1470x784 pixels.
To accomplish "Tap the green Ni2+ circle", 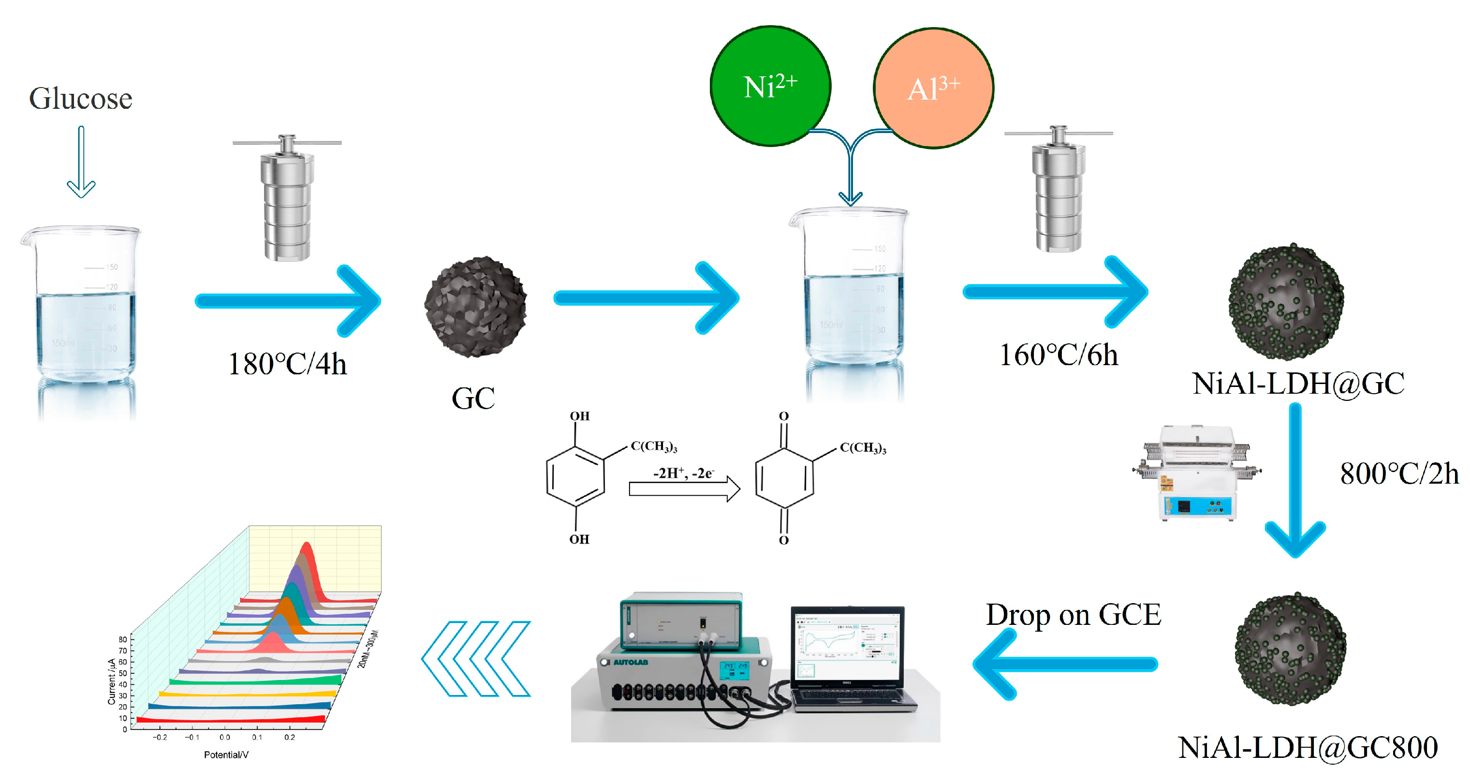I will point(770,87).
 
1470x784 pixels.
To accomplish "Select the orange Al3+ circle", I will point(933,89).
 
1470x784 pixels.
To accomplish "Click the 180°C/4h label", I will point(287,364).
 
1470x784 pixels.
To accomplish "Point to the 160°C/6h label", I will point(1058,355).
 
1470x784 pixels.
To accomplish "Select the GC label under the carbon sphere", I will point(473,398).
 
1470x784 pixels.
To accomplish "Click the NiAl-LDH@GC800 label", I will point(1308,747).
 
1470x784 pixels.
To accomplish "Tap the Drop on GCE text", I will point(1073,615).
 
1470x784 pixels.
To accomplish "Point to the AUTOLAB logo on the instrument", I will point(631,663).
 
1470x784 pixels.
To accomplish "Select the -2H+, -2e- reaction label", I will point(683,473).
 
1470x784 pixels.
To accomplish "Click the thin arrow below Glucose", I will point(81,163).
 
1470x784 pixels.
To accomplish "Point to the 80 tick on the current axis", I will point(123,639).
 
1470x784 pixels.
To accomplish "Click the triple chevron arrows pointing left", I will point(476,659).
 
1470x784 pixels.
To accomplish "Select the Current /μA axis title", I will point(112,681).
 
